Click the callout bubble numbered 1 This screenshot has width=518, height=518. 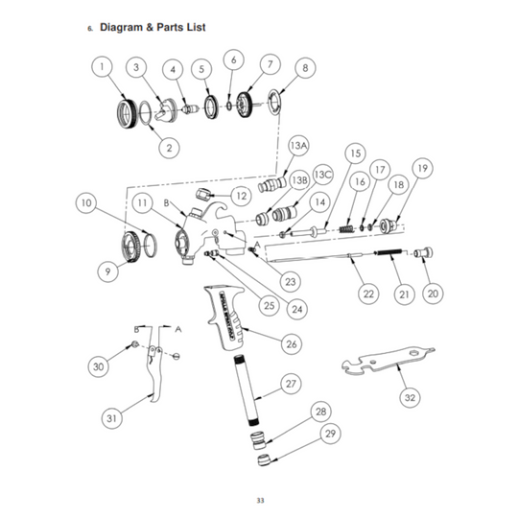[x=105, y=67]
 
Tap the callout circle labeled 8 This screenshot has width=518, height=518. [x=305, y=68]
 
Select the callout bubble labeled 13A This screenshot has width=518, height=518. [x=299, y=145]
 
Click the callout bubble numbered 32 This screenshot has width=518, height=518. [x=410, y=396]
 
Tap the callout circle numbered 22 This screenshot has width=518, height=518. [x=368, y=294]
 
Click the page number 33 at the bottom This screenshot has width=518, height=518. [x=260, y=499]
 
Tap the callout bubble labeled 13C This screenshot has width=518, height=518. [x=322, y=175]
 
